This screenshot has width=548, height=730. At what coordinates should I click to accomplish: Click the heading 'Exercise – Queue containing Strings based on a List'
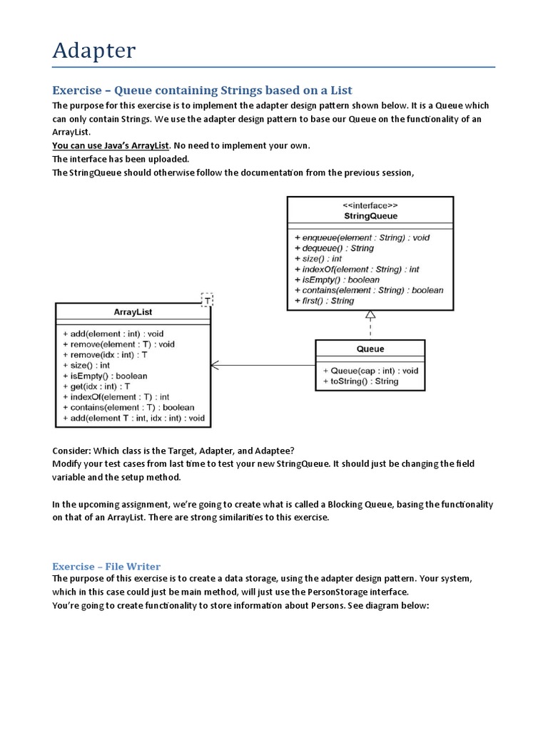[203, 90]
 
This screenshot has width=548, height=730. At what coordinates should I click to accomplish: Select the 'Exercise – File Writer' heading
[106, 566]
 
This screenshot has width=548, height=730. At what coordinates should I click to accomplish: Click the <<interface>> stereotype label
[370, 205]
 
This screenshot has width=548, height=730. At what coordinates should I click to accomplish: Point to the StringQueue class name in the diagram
[370, 215]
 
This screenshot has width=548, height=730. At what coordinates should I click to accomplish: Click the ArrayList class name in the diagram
[133, 312]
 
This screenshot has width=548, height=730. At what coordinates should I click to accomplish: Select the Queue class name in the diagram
[370, 349]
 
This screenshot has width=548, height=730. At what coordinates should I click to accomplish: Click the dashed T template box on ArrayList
[207, 300]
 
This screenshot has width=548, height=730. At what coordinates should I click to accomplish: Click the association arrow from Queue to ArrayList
[264, 366]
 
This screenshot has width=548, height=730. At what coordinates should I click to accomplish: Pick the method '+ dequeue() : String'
[333, 248]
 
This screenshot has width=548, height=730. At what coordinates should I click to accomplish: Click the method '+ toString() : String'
[360, 381]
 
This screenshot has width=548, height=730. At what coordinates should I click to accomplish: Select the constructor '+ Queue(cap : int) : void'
[370, 371]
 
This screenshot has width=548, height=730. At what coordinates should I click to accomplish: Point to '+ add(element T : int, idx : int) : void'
[133, 418]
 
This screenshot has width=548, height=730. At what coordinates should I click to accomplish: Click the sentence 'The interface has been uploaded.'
[120, 159]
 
